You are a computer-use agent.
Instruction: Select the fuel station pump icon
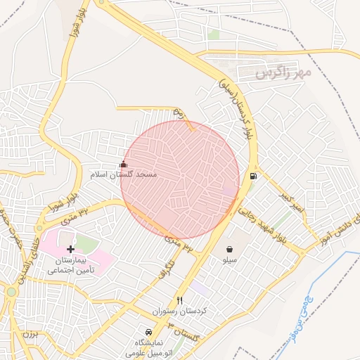click(x=252, y=176)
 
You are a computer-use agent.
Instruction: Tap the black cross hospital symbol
click(x=70, y=249)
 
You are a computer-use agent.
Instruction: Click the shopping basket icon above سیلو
click(x=231, y=249)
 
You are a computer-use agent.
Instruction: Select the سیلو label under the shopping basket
click(x=231, y=259)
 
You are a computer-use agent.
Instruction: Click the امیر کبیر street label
click(x=290, y=200)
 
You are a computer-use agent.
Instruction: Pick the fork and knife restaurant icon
click(x=179, y=301)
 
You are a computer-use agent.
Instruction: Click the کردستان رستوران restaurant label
click(x=179, y=311)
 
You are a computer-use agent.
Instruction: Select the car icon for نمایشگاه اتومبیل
click(x=148, y=332)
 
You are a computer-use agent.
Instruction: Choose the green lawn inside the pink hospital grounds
click(x=84, y=245)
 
